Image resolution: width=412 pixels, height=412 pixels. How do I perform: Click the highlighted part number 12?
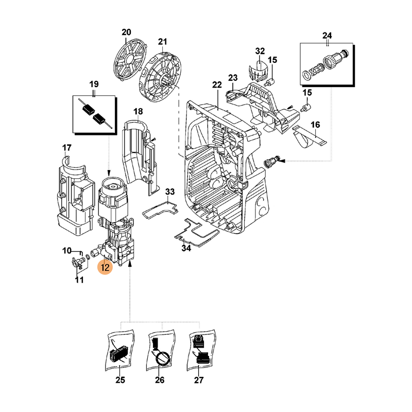[x=105, y=267]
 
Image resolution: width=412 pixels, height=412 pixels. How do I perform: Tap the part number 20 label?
[x=127, y=32]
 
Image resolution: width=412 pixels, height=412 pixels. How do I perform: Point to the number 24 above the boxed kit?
[x=327, y=36]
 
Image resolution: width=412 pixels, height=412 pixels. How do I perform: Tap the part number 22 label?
[x=217, y=85]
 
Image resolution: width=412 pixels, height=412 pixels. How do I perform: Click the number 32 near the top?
[x=260, y=51]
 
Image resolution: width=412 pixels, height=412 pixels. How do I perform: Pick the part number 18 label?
[x=138, y=112]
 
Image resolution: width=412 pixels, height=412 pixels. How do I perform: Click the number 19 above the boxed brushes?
[x=94, y=84]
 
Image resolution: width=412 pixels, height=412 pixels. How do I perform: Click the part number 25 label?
[x=120, y=381]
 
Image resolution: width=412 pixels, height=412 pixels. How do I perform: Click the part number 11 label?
[x=79, y=280]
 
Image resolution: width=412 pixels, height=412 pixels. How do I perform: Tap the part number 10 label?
[x=67, y=251]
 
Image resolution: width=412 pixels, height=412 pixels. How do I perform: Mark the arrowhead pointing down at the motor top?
[x=109, y=173]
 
